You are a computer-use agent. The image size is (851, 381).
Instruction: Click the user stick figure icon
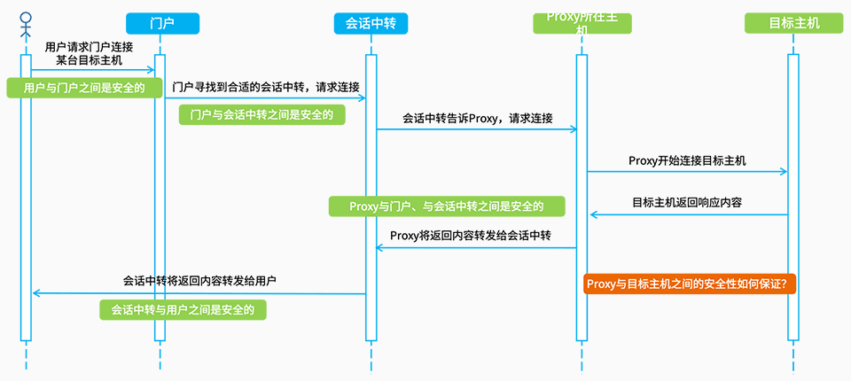(26, 26)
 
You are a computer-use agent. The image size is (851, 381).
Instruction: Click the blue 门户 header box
(162, 23)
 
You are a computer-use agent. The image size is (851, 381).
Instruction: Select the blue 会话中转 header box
(371, 23)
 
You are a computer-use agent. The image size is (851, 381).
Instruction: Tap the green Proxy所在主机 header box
(582, 23)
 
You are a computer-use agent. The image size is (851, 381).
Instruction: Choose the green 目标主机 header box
(794, 23)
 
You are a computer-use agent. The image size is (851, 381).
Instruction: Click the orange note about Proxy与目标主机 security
(690, 284)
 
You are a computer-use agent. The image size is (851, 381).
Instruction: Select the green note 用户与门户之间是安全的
(85, 88)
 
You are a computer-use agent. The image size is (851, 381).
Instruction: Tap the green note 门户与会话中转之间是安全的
(262, 114)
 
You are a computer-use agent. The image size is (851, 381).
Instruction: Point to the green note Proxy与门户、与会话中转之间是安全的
(447, 206)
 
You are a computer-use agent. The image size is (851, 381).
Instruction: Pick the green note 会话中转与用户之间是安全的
(183, 309)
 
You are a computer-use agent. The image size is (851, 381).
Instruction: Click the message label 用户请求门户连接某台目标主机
(89, 54)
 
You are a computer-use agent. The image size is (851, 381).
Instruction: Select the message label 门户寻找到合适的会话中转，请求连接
(266, 87)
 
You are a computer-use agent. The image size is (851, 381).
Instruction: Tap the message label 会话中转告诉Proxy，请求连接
(477, 119)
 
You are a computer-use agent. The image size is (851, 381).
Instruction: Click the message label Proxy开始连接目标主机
(687, 160)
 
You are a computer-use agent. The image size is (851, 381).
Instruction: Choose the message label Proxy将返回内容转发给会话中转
(471, 236)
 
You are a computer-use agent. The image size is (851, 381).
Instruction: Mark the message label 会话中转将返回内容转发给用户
(199, 281)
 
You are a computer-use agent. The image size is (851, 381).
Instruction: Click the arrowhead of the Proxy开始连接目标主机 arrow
(784, 172)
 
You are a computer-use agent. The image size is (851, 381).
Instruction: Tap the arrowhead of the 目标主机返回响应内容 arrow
(594, 215)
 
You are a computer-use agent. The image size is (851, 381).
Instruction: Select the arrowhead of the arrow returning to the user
(36, 293)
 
